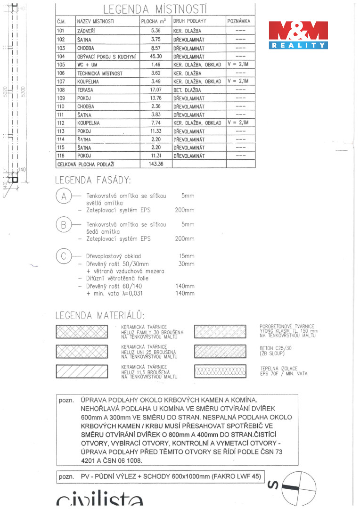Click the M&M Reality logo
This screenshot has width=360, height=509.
[x=299, y=35]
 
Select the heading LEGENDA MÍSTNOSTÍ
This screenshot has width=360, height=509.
[x=155, y=9]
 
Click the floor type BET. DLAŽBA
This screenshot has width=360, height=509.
[x=187, y=90]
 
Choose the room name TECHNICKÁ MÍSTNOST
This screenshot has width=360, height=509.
[x=99, y=73]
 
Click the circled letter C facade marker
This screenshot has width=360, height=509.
[x=64, y=256]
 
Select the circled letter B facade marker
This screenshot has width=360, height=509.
[x=64, y=225]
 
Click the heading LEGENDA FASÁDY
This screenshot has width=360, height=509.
[x=93, y=180]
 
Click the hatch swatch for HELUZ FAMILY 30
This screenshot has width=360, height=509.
[x=82, y=331]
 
